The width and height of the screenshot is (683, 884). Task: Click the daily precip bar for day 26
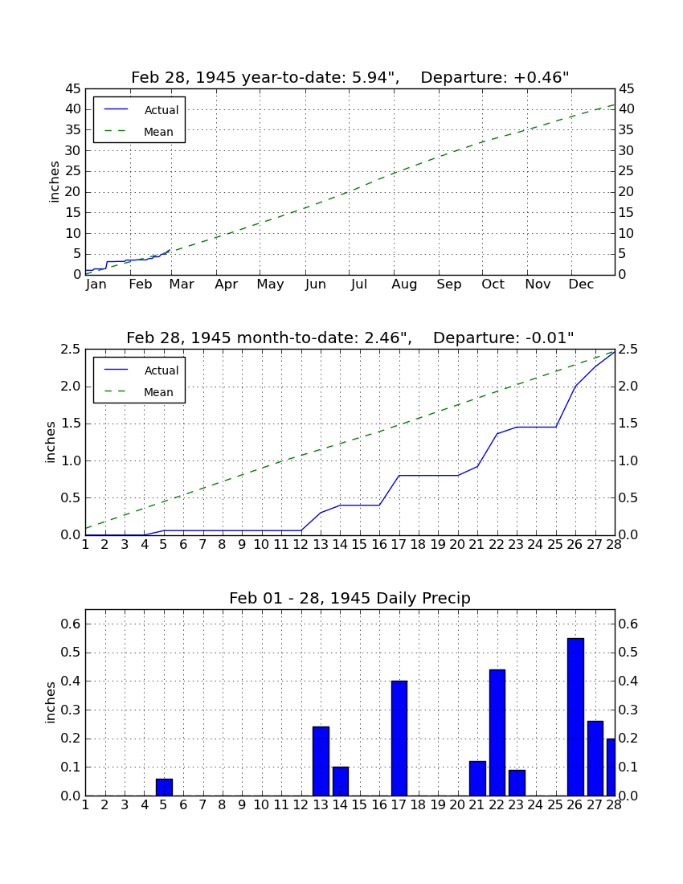[x=575, y=717]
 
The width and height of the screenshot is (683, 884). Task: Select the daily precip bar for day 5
[x=164, y=787]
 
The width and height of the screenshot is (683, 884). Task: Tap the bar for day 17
[x=399, y=738]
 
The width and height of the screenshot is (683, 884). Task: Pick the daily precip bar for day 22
[x=497, y=732]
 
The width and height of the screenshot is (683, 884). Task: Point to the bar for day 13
[x=321, y=761]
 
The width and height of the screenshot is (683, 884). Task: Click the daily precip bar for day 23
[x=517, y=783]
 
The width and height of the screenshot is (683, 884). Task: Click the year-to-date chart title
[x=350, y=77]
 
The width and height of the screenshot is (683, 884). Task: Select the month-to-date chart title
[x=350, y=338]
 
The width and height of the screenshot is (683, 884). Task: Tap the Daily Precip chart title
[x=350, y=598]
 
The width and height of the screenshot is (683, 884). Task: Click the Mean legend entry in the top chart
[x=139, y=132]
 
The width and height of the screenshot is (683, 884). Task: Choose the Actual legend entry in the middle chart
[x=141, y=370]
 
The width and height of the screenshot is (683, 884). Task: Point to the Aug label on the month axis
[x=405, y=284]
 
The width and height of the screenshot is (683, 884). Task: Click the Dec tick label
[x=581, y=284]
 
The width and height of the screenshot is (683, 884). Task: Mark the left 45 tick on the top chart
[x=73, y=89]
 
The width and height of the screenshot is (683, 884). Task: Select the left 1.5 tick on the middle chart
[x=72, y=424]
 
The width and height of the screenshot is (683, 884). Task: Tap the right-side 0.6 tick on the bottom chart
[x=628, y=624]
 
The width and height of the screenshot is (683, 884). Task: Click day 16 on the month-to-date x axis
[x=379, y=545]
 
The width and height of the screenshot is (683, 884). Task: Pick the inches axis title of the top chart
[x=54, y=182]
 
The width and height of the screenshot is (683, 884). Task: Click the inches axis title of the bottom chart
[x=50, y=702]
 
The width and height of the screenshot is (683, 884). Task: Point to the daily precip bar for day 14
[x=341, y=781]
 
